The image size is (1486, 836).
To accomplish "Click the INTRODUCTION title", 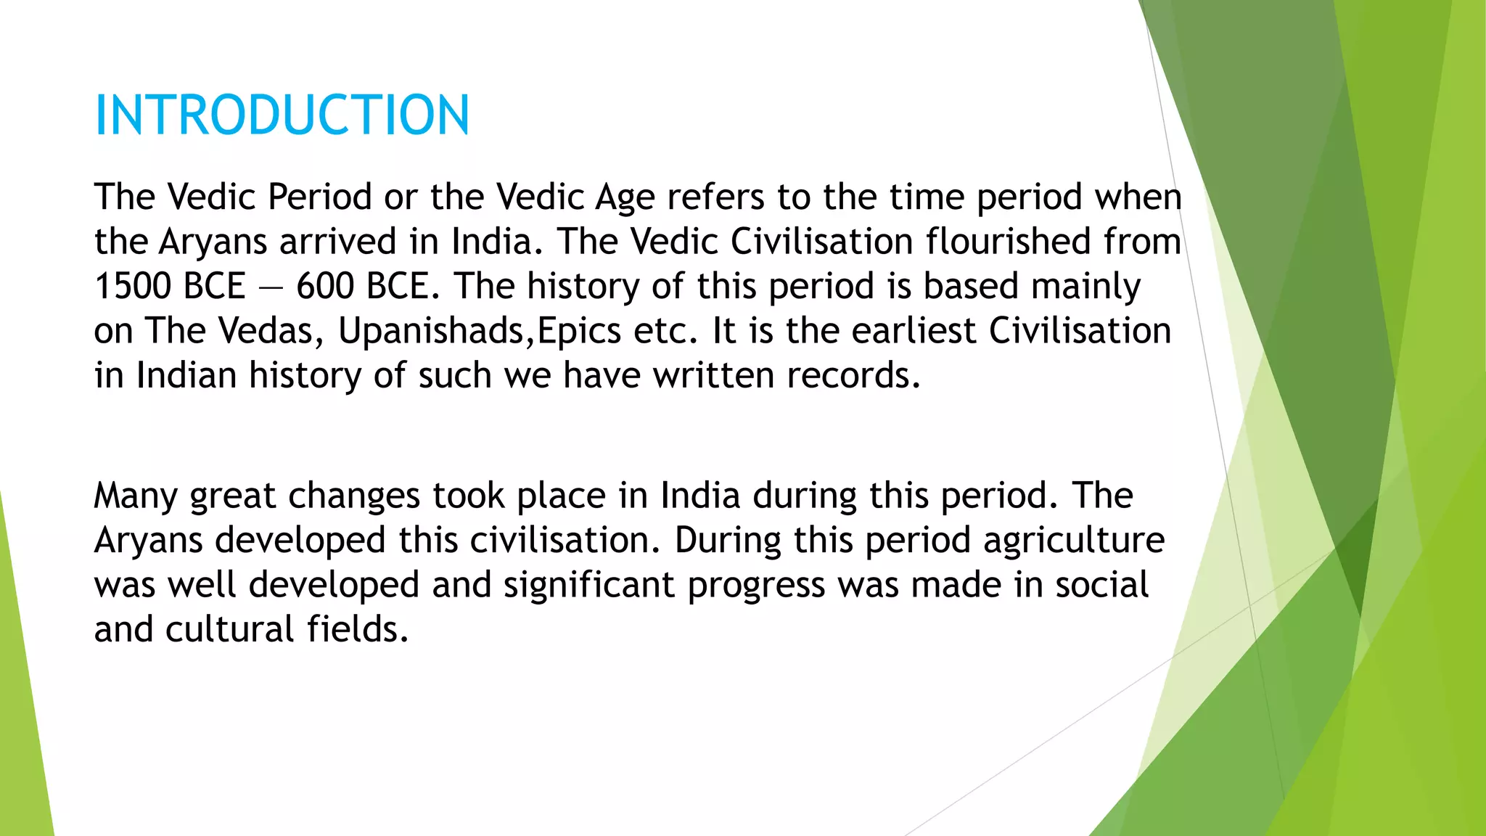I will (282, 115).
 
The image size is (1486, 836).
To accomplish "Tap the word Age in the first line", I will (625, 197).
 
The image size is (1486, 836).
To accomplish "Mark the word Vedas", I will (266, 332).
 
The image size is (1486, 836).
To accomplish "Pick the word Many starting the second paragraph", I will (136, 497).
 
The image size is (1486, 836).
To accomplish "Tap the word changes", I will (354, 497).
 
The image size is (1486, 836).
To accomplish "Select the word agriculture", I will (1074, 541).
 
